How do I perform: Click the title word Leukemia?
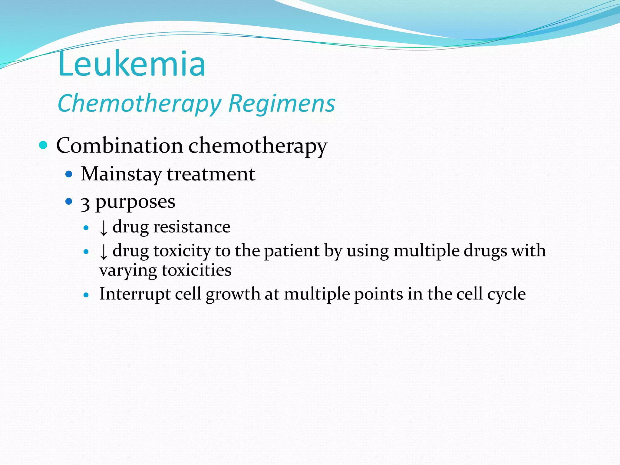click(132, 64)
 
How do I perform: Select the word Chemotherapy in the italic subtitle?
click(139, 104)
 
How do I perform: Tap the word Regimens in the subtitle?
click(282, 104)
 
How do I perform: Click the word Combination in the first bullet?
click(120, 146)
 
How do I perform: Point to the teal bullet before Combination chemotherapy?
click(44, 145)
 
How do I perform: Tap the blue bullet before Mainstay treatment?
click(69, 174)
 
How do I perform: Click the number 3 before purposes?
click(85, 203)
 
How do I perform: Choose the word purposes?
click(135, 202)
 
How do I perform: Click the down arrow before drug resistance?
click(104, 228)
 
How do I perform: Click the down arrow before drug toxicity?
click(104, 252)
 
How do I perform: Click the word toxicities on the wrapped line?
click(196, 270)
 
